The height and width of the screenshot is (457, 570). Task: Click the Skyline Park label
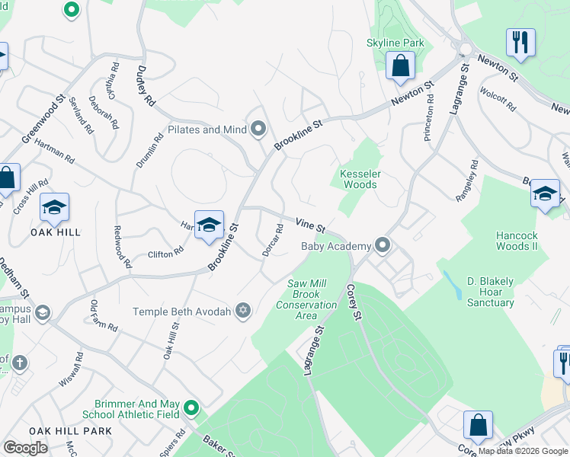pyautogui.click(x=395, y=43)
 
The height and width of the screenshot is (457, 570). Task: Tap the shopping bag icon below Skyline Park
pyautogui.click(x=400, y=66)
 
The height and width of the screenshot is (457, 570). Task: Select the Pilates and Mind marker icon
pyautogui.click(x=259, y=129)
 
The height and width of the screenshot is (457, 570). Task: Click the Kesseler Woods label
pyautogui.click(x=358, y=178)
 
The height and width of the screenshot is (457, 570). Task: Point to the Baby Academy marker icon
pyautogui.click(x=383, y=245)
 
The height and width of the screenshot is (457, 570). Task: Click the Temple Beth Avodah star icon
pyautogui.click(x=243, y=310)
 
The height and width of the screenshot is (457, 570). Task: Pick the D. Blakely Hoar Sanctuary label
pyautogui.click(x=491, y=292)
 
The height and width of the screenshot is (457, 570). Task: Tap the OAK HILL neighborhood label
pyautogui.click(x=55, y=232)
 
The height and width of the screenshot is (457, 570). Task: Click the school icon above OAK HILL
pyautogui.click(x=54, y=207)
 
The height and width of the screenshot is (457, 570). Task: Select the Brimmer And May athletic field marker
pyautogui.click(x=191, y=409)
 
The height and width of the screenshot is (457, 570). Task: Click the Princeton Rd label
pyautogui.click(x=430, y=118)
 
